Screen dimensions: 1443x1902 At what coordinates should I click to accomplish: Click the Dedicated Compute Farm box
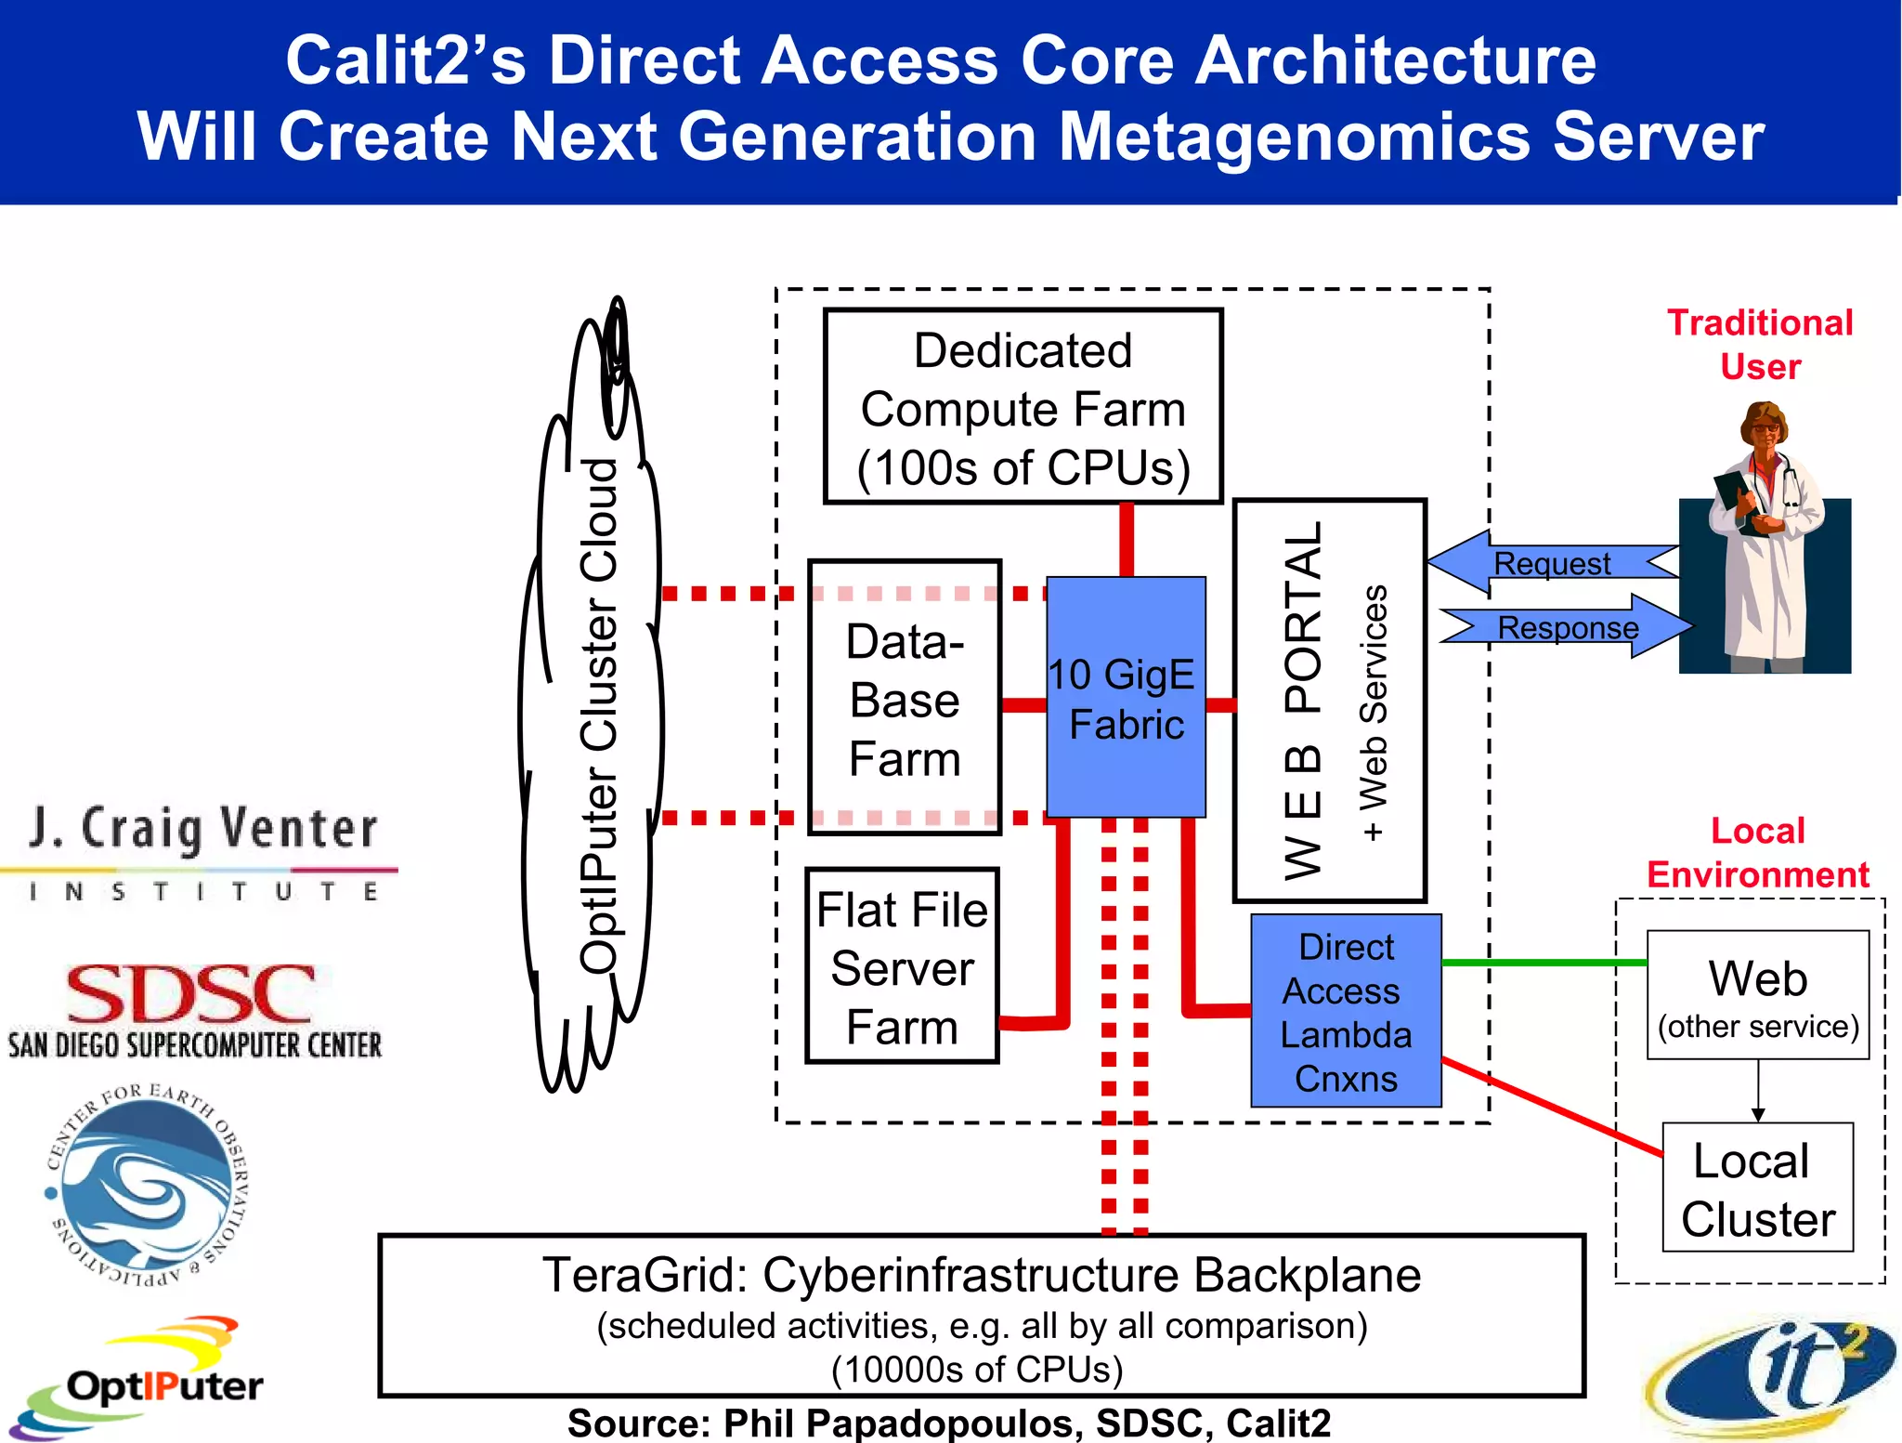1023,407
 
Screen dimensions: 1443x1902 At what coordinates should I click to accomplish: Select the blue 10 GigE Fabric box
1126,698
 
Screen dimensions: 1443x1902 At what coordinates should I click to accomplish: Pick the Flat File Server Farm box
902,966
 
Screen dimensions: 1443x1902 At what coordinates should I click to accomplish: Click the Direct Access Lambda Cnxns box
1346,1011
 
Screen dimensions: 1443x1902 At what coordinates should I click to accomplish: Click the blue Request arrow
1551,563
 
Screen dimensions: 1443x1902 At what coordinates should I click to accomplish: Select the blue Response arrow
1568,627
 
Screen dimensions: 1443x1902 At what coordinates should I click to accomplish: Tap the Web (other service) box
1757,995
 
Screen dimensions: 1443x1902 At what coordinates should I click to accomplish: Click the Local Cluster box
1757,1188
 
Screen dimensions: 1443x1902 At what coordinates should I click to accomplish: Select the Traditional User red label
1760,344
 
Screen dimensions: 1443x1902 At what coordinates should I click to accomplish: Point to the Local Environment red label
1757,852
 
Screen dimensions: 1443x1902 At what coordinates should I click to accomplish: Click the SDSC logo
193,1009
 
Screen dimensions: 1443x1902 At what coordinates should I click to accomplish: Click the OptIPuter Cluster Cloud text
598,715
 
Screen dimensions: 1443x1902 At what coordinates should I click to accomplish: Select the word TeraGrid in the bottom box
645,1275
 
